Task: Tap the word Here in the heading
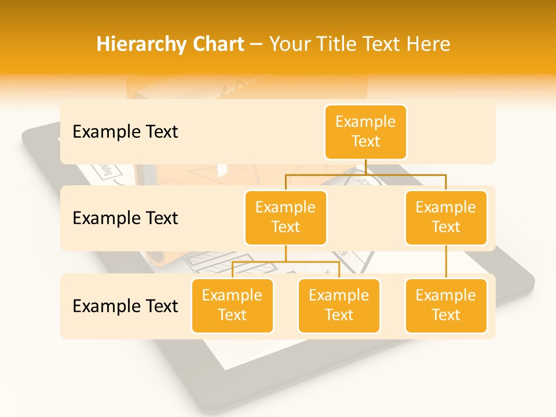click(x=429, y=44)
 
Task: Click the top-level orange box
click(x=365, y=132)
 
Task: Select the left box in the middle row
click(x=286, y=218)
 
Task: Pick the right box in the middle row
click(x=446, y=218)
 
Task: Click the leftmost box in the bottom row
click(x=232, y=306)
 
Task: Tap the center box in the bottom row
click(x=339, y=306)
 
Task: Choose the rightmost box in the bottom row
click(x=446, y=306)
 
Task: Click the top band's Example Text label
click(x=125, y=132)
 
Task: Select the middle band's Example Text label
click(x=125, y=218)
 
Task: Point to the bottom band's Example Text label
click(x=125, y=306)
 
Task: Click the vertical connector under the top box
click(x=365, y=167)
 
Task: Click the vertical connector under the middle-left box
click(x=286, y=254)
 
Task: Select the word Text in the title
click(x=386, y=44)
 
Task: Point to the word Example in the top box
click(x=365, y=122)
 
